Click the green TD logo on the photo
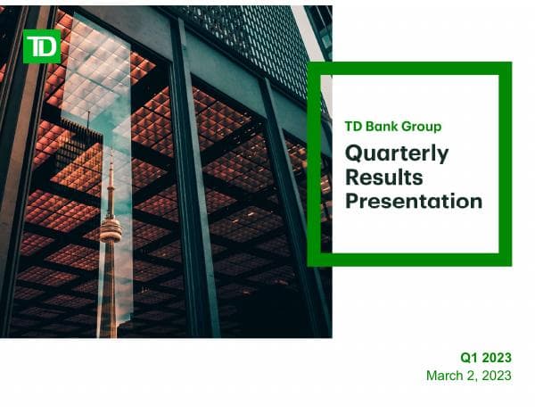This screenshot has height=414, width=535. tap(41, 46)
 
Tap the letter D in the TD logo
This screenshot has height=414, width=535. tap(48, 46)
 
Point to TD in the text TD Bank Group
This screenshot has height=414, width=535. tap(353, 127)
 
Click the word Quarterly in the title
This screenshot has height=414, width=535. tap(397, 153)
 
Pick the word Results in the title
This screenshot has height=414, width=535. tap(384, 177)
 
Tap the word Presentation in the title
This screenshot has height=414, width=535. tap(414, 200)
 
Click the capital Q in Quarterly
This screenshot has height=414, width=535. tap(354, 153)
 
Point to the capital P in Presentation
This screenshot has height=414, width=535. tap(352, 200)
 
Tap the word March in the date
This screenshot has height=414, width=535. tap(445, 375)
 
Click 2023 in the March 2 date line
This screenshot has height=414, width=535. tap(496, 375)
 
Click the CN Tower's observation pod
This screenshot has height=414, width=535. tap(110, 229)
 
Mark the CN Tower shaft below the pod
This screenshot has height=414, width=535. tap(109, 286)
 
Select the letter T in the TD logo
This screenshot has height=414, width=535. tap(35, 46)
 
